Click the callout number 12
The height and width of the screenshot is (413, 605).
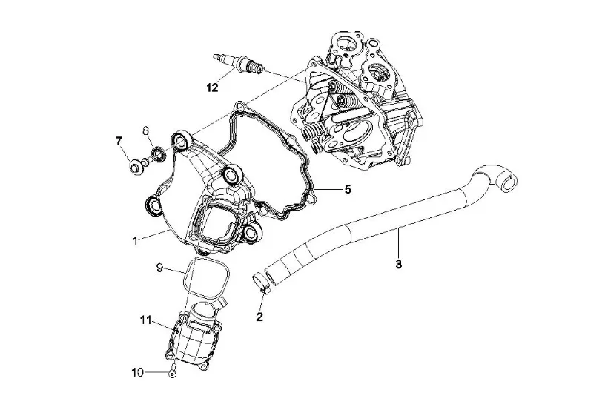[x=212, y=87]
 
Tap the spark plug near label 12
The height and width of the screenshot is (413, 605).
[x=239, y=63]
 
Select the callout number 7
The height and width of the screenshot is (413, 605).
[x=119, y=142]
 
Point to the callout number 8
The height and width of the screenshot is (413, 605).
[x=146, y=130]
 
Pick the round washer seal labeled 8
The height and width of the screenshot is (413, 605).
[x=159, y=153]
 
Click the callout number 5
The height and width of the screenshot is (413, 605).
[x=348, y=190]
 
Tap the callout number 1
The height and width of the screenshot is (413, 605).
[x=135, y=241]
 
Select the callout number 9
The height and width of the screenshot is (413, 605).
[x=159, y=268]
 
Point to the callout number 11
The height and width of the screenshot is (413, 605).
[x=145, y=320]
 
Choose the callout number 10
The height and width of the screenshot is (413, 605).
[x=138, y=372]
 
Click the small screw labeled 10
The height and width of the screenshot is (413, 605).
[x=172, y=371]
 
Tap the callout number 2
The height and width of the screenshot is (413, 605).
[x=259, y=317]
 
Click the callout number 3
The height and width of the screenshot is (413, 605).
[x=399, y=265]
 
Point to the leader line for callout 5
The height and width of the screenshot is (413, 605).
[x=327, y=189]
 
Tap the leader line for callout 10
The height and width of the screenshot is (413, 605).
[x=156, y=372]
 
